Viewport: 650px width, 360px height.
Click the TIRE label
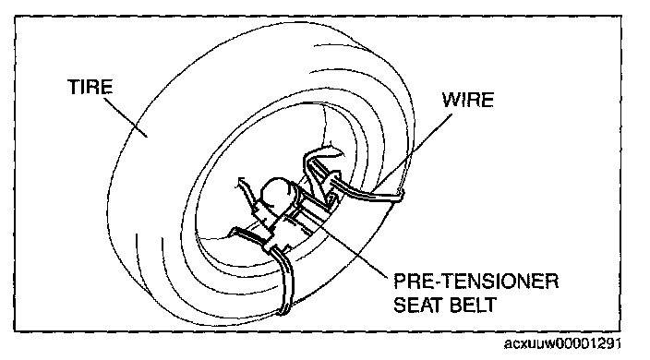click(x=90, y=87)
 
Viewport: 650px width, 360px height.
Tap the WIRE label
click(x=467, y=100)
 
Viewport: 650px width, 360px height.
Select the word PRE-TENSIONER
click(x=475, y=282)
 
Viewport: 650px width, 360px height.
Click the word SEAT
click(x=416, y=305)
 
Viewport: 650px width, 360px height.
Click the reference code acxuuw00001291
click(x=562, y=343)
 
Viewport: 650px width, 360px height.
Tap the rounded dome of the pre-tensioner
click(x=275, y=191)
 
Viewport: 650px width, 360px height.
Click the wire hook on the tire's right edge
click(x=400, y=195)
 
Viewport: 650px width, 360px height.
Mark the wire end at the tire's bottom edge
click(x=283, y=311)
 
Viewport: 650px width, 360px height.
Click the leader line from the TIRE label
click(x=125, y=116)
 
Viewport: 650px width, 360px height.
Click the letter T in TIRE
click(x=73, y=87)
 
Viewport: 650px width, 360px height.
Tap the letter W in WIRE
click(x=451, y=100)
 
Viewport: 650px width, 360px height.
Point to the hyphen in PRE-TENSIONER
click(x=436, y=282)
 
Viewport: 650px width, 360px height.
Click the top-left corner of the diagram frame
click(x=15, y=17)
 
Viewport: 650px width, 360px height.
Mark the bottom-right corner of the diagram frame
click(x=621, y=331)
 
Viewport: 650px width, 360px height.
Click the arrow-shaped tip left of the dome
click(x=241, y=182)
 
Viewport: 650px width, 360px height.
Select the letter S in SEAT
click(x=399, y=305)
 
